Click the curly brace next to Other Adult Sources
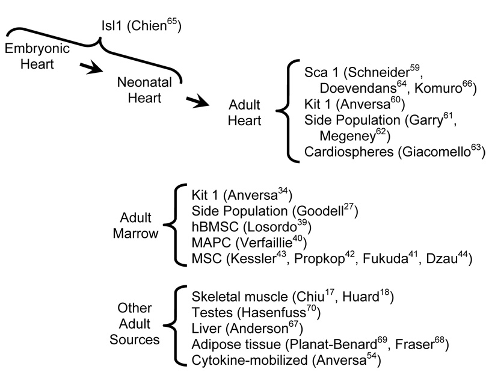click(177, 328)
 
